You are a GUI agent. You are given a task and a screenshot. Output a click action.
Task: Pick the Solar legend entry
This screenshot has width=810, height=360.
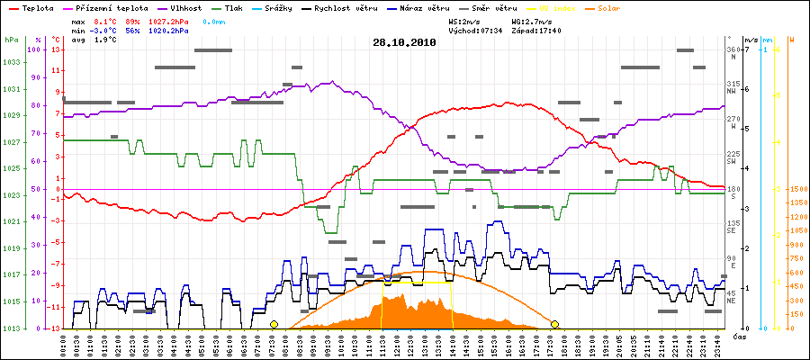coord(622,8)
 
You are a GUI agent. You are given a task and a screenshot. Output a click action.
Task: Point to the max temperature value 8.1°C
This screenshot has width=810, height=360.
coord(106,20)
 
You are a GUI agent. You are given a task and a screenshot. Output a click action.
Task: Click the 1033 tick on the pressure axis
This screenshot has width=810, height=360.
coord(11,62)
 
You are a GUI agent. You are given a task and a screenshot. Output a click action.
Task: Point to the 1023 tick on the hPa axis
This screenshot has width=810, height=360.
coord(11,195)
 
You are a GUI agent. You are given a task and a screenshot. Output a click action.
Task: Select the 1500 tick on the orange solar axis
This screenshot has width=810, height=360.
coord(796,189)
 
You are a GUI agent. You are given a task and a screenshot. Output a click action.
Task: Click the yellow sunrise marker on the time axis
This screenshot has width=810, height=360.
coord(274,324)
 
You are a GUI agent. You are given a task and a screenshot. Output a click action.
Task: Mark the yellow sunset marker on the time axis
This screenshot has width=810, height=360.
coord(555,324)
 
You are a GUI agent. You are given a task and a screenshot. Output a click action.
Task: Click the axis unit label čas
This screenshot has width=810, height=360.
coord(739,337)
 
